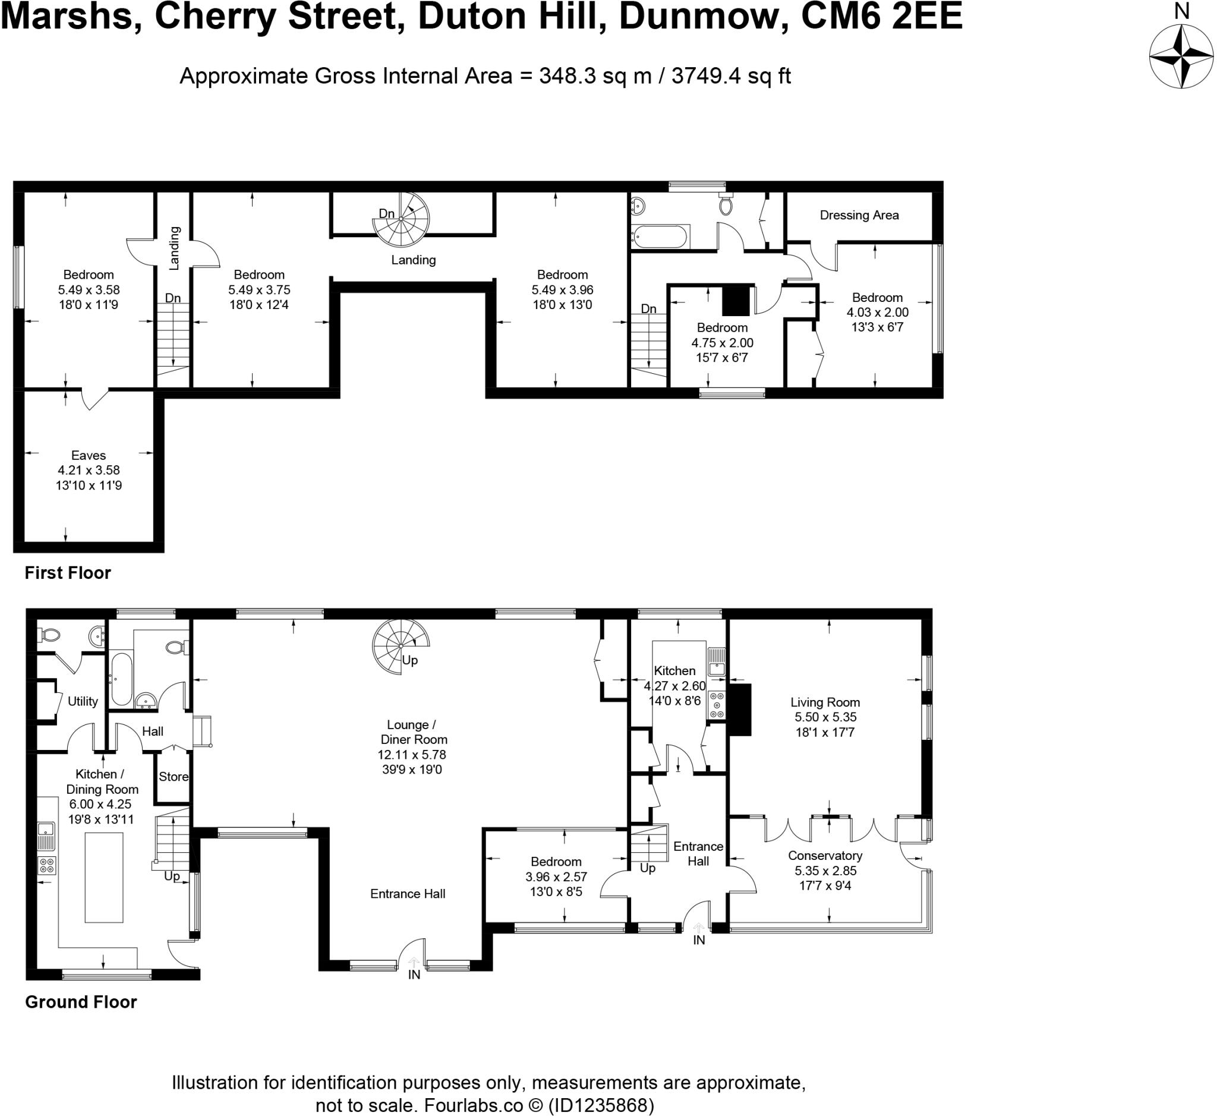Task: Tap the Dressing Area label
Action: pos(859,216)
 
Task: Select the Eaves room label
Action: pos(88,455)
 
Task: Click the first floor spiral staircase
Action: pos(401,220)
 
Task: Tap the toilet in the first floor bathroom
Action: pos(726,206)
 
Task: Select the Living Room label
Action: pos(824,702)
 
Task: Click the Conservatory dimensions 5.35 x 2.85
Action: pos(825,871)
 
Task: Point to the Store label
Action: pos(174,777)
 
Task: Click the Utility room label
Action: pos(83,701)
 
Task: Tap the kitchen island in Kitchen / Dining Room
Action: pos(104,878)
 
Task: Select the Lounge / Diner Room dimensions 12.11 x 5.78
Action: pos(411,755)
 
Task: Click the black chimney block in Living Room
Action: pos(740,710)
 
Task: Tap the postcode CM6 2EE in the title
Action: pos(881,17)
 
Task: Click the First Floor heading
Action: pos(68,572)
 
